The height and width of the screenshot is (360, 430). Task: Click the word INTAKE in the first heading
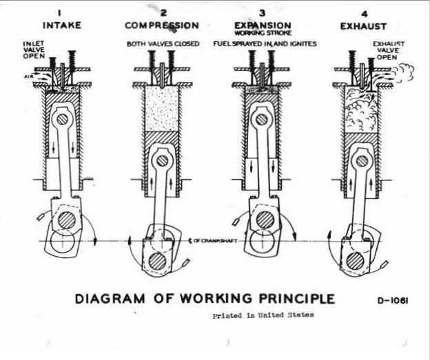[63, 25]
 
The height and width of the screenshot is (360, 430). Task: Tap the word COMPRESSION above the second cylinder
[162, 25]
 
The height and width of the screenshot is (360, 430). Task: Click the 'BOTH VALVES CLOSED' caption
[163, 44]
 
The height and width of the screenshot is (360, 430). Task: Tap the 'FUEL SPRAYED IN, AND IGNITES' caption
[274, 44]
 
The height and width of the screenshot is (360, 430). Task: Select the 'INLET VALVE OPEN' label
[34, 50]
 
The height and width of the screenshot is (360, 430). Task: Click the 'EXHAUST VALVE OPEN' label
[389, 50]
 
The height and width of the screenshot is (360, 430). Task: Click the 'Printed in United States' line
[263, 315]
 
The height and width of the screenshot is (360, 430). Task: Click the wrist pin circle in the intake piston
[63, 118]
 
